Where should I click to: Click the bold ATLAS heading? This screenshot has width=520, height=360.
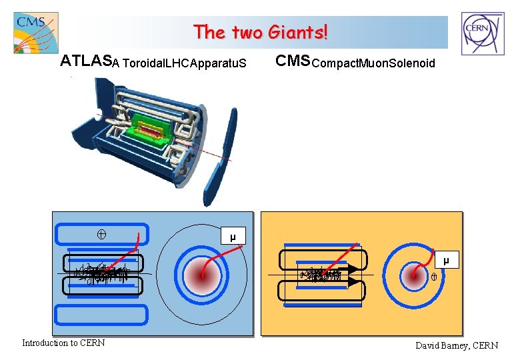click(85, 62)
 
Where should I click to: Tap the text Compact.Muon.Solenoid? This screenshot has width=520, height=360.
click(373, 63)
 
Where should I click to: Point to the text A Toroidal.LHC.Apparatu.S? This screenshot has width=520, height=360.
click(179, 64)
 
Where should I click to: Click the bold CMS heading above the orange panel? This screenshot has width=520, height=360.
click(293, 61)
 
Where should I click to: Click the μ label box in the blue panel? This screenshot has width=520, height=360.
click(233, 236)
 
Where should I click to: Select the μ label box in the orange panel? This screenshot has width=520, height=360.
click(446, 259)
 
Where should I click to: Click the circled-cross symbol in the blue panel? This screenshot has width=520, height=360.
click(103, 233)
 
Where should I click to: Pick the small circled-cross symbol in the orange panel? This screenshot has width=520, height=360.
click(433, 276)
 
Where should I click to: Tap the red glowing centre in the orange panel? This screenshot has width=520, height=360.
click(413, 274)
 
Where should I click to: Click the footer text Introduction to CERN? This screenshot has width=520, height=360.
click(63, 343)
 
